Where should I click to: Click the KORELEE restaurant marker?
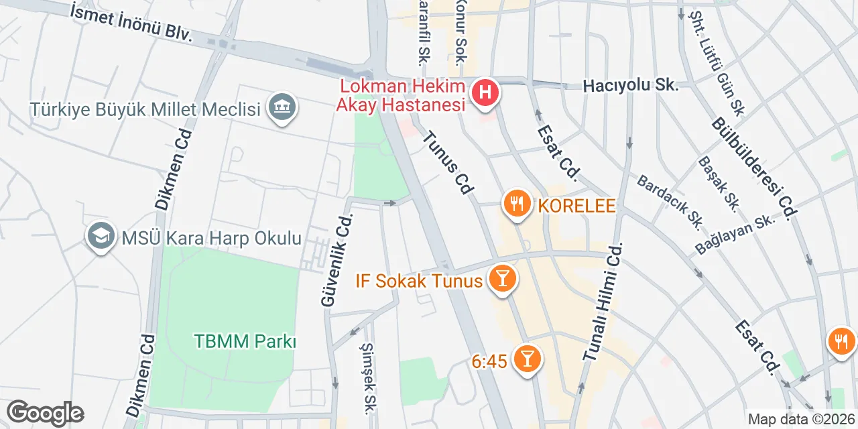[517, 204]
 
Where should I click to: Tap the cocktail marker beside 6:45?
[527, 361]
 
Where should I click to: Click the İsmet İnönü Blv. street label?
[131, 21]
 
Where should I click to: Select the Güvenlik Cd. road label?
[337, 260]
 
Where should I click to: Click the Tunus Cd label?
[448, 164]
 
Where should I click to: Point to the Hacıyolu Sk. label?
[630, 86]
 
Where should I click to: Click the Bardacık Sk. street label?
[669, 200]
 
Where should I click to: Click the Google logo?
[45, 413]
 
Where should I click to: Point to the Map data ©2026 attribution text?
[802, 420]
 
